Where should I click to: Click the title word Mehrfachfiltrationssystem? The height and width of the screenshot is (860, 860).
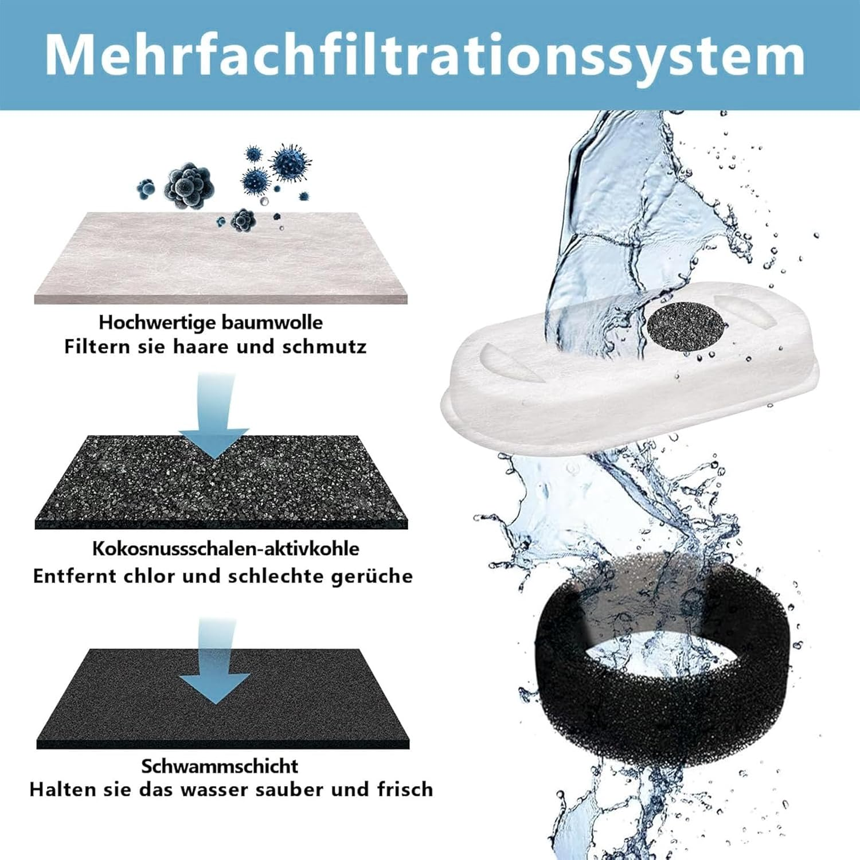click(425, 55)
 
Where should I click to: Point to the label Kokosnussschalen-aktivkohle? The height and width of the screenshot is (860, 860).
click(226, 548)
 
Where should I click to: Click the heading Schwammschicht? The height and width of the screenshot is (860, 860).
click(220, 766)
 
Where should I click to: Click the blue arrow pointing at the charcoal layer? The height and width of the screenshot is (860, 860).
click(214, 416)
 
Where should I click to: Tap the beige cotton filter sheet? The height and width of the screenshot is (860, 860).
click(221, 258)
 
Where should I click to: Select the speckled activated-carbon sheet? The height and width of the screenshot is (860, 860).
click(221, 482)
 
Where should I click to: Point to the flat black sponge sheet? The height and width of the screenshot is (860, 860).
click(222, 699)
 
